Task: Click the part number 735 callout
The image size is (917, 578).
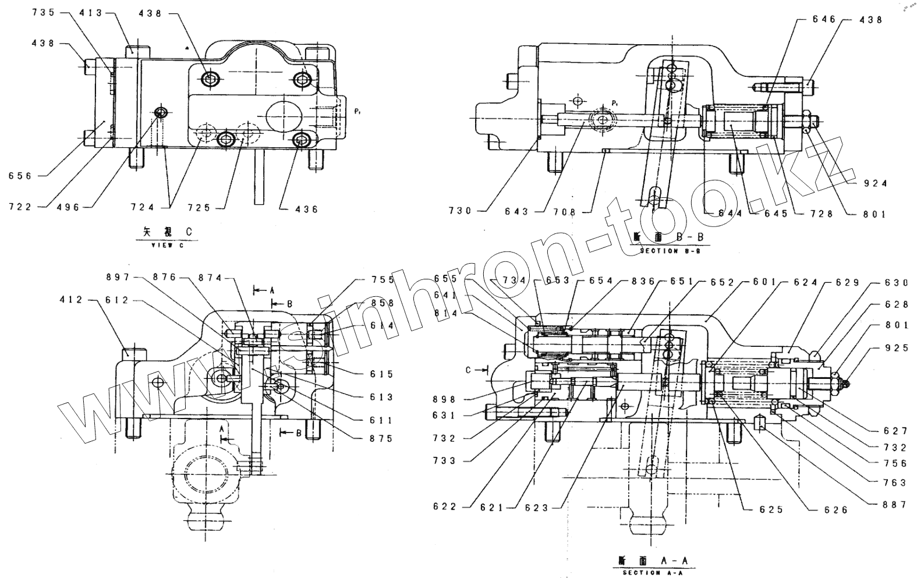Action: click(x=43, y=12)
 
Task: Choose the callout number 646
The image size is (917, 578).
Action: click(x=824, y=20)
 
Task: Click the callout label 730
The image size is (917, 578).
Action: click(x=461, y=211)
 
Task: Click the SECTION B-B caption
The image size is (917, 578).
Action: click(x=670, y=250)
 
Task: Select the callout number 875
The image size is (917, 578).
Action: click(x=381, y=439)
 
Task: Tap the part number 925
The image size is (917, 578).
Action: click(x=896, y=348)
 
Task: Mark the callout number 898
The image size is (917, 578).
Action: click(x=445, y=399)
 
